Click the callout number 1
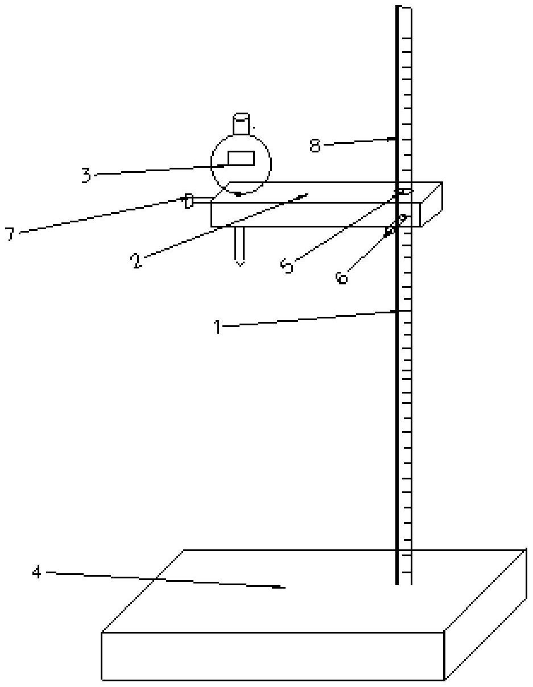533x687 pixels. tap(217, 327)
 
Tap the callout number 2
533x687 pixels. tap(135, 260)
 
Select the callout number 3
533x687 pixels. tap(86, 175)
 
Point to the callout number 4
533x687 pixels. tap(36, 572)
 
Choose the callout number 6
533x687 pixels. tap(341, 277)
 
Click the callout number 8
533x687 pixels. tap(315, 146)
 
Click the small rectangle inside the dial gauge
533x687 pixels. tap(241, 158)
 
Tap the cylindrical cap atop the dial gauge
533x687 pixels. tap(241, 124)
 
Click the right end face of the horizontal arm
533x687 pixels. tap(431, 205)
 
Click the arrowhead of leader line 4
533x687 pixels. tap(282, 587)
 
